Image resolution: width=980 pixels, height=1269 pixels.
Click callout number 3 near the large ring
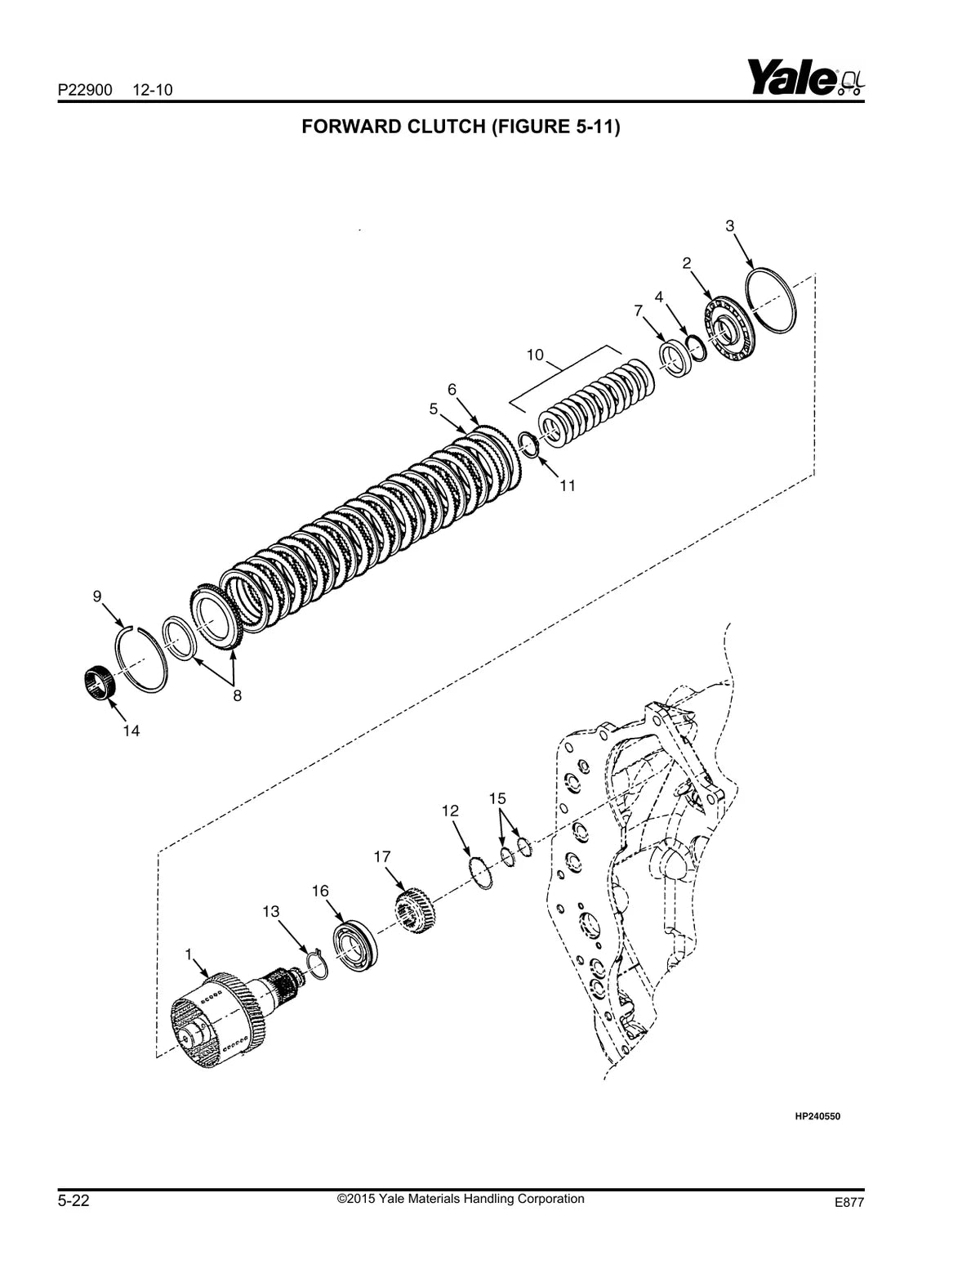729,226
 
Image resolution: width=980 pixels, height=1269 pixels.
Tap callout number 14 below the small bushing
131,731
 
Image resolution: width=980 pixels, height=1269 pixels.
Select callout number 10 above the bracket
535,355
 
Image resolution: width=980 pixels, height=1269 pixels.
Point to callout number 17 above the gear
381,856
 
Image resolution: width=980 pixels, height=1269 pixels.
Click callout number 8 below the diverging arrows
237,695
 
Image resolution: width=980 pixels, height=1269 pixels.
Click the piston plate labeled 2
730,332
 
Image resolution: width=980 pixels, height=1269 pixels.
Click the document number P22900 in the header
85,90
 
